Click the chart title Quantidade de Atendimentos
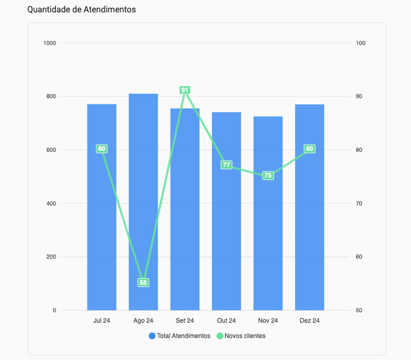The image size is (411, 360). click(x=82, y=10)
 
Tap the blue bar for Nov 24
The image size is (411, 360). click(x=268, y=233)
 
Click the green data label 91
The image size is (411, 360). click(x=185, y=90)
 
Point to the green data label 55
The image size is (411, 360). click(x=143, y=283)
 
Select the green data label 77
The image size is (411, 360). click(x=226, y=165)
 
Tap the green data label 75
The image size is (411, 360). click(x=268, y=175)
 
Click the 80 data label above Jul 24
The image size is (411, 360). click(x=102, y=149)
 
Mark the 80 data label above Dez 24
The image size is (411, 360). click(x=310, y=149)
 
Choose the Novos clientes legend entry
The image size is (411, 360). click(x=240, y=336)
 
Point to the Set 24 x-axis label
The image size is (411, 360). click(x=185, y=320)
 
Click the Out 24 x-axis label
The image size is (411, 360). click(x=226, y=320)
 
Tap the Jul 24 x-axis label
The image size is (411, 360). click(x=102, y=320)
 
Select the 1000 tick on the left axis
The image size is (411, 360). click(x=50, y=43)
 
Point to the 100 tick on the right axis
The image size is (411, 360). click(x=361, y=43)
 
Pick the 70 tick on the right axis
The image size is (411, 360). click(x=360, y=203)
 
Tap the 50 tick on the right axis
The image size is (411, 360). click(x=360, y=310)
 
